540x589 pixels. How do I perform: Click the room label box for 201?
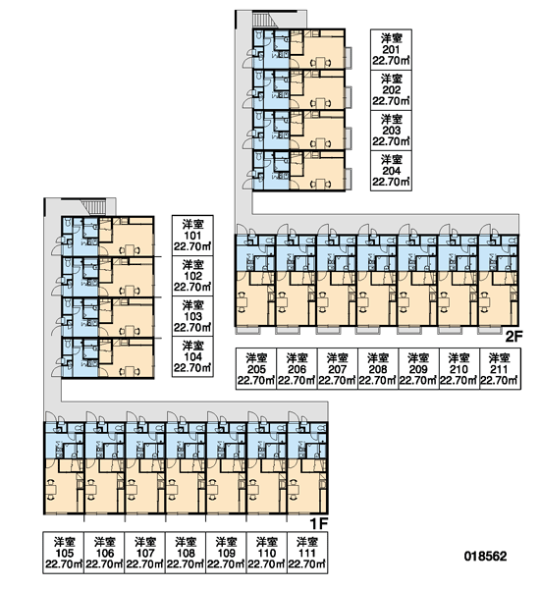(391, 50)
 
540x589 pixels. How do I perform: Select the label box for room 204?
(391, 171)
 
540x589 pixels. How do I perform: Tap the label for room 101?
(192, 236)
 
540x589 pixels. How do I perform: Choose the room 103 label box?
(192, 316)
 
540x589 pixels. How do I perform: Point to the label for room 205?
(256, 369)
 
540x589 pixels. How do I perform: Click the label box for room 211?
(500, 369)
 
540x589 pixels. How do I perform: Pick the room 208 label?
(378, 369)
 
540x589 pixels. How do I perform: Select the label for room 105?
(64, 553)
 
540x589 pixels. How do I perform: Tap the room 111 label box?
(307, 553)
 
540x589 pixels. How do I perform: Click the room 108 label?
(186, 553)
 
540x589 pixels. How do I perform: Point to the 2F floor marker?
(513, 337)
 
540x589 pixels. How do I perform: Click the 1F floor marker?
(319, 523)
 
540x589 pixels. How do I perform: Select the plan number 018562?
(486, 556)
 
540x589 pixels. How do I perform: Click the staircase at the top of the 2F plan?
(265, 20)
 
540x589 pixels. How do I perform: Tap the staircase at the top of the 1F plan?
(95, 207)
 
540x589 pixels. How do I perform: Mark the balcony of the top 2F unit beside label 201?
(349, 58)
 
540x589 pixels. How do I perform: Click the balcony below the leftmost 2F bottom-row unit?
(247, 330)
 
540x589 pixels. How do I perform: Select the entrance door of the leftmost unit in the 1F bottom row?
(51, 417)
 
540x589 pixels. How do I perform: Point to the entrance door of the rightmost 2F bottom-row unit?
(485, 230)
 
